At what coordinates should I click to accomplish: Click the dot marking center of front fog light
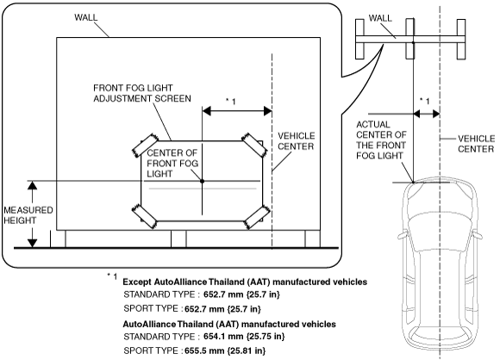pos(202,181)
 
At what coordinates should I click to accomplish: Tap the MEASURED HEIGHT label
pos(28,215)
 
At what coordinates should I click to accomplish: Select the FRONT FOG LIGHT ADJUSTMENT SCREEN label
pos(142,93)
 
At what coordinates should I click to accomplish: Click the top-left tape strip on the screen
pos(146,145)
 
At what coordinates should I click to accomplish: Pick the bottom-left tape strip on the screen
pos(145,216)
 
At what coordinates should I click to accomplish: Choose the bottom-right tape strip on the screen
pos(257,217)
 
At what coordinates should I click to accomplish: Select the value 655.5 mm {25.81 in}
pos(225,351)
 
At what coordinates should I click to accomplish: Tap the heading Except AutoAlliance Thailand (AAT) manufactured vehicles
pos(245,282)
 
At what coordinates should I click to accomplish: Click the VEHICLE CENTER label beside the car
pos(476,144)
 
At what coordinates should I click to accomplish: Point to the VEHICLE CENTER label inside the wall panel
pos(297,141)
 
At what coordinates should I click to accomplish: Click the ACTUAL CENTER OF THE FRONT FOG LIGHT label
pos(381,140)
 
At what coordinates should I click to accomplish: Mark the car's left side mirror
pos(403,236)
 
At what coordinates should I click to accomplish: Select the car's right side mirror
pos(478,236)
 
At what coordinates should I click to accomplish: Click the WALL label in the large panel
pos(86,17)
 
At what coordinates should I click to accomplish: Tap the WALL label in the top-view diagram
pos(380,18)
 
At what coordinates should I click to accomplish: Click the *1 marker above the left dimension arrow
pos(231,102)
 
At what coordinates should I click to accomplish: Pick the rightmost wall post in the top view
pos(461,39)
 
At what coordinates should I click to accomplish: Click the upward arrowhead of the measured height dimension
pos(32,185)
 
